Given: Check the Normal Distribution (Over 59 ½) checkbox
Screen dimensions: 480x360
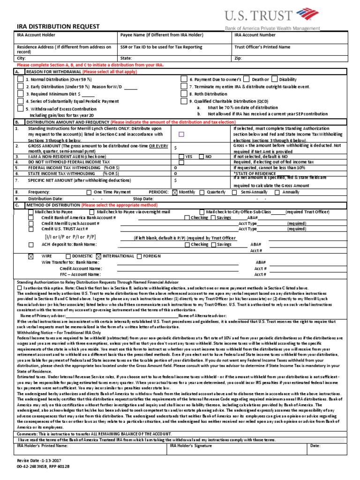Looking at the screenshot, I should point(20,80).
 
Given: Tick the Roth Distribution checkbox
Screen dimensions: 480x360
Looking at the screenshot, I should point(184,94).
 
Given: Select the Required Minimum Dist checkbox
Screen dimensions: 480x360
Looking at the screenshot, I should point(20,94).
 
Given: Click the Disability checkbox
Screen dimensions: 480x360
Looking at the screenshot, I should point(275,79).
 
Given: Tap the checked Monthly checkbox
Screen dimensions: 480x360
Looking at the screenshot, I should point(175,192).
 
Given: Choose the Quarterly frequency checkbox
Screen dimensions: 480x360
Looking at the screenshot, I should point(202,192).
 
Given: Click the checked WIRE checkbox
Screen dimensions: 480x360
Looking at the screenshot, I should point(31,256).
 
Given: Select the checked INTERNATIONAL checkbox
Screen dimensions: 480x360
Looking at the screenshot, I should point(98,256).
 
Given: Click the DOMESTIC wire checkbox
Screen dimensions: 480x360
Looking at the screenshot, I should point(68,256).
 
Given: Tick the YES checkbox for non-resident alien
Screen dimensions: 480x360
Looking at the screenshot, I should point(181,157).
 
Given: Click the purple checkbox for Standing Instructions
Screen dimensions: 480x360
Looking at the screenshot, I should point(181,134).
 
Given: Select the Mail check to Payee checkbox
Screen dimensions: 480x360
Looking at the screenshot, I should point(31,212).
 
